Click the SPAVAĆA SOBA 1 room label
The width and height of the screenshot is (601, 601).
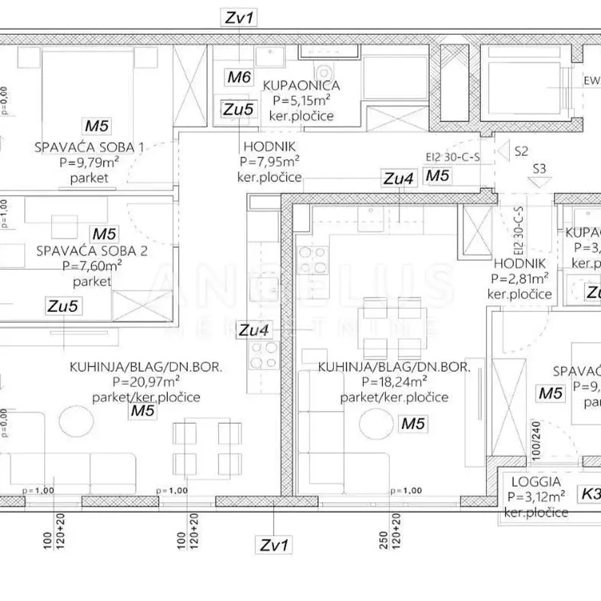point(90,147)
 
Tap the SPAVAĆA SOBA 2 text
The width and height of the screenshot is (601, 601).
point(91,251)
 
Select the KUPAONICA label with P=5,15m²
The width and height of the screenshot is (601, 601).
point(301,86)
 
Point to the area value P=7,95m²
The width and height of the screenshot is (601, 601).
point(270,161)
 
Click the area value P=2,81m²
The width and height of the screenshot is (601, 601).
point(519,279)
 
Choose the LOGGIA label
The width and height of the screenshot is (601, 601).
point(536,481)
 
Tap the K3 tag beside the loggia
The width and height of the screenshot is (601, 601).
point(590,494)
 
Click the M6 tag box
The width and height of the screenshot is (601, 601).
point(239,76)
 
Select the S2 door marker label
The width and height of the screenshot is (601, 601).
point(522,151)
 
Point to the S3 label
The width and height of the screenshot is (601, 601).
point(539,169)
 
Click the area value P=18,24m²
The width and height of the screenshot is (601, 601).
point(394,382)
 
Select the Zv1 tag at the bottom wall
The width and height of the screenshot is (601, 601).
point(274,545)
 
